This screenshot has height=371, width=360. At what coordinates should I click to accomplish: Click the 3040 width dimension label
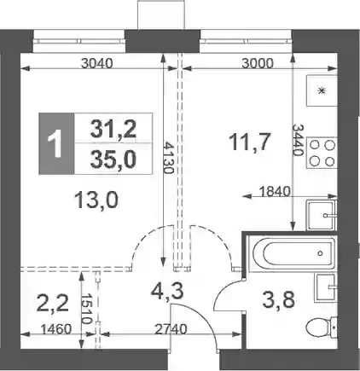coord(97,63)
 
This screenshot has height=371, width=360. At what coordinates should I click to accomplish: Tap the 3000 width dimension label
coord(258,63)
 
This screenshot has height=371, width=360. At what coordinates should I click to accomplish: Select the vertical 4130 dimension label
coord(168,158)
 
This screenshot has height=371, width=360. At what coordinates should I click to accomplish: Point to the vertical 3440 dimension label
coord(298,140)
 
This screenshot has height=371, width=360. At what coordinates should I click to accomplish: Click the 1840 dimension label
coord(276,192)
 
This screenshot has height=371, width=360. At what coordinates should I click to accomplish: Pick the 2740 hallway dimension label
coord(171,329)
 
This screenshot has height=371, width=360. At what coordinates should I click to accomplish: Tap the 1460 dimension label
coord(55,329)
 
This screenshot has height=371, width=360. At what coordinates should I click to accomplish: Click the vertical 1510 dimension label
coord(86,309)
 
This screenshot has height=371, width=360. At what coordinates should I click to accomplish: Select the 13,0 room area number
coord(96,200)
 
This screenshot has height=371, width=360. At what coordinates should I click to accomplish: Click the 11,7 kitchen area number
coord(250,142)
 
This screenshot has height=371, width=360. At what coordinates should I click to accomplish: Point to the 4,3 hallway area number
coord(167,292)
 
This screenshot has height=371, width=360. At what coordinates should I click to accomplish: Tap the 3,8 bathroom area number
coord(278,301)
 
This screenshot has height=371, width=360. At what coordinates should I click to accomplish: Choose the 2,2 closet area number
coord(53,304)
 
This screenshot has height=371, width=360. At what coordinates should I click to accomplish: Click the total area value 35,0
coord(113,159)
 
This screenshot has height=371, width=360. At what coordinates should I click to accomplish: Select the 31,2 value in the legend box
coord(113,129)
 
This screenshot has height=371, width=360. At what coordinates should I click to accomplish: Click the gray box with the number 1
coord(56,143)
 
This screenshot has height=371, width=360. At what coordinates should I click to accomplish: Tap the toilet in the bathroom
coord(322,328)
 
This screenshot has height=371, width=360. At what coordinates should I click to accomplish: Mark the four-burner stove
coord(322,154)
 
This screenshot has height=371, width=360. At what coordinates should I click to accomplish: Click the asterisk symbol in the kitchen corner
coord(322,90)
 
